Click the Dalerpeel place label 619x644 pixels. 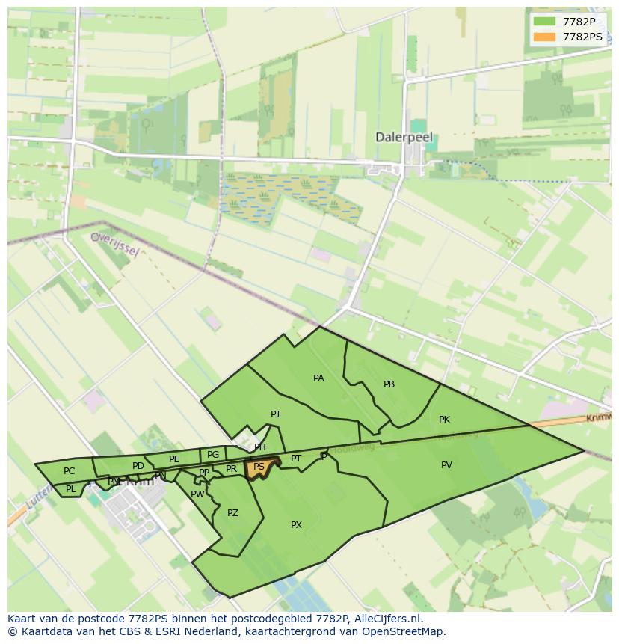(x=404, y=138)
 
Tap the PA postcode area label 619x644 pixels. (x=318, y=378)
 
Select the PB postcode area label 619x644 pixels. (x=389, y=384)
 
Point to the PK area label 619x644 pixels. (x=444, y=420)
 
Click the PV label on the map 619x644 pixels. (x=446, y=465)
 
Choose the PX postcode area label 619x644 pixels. (x=296, y=525)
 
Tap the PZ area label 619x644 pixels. (x=232, y=513)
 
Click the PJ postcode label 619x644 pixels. (x=275, y=414)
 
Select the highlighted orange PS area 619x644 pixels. (x=259, y=467)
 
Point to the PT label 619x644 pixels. (x=296, y=459)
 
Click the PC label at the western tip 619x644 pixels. (x=69, y=471)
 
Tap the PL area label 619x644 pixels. (x=70, y=489)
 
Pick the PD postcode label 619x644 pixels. (x=138, y=466)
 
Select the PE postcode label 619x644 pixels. (x=174, y=459)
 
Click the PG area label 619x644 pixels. (x=213, y=455)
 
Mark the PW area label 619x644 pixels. (x=197, y=494)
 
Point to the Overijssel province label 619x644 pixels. (x=114, y=243)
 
